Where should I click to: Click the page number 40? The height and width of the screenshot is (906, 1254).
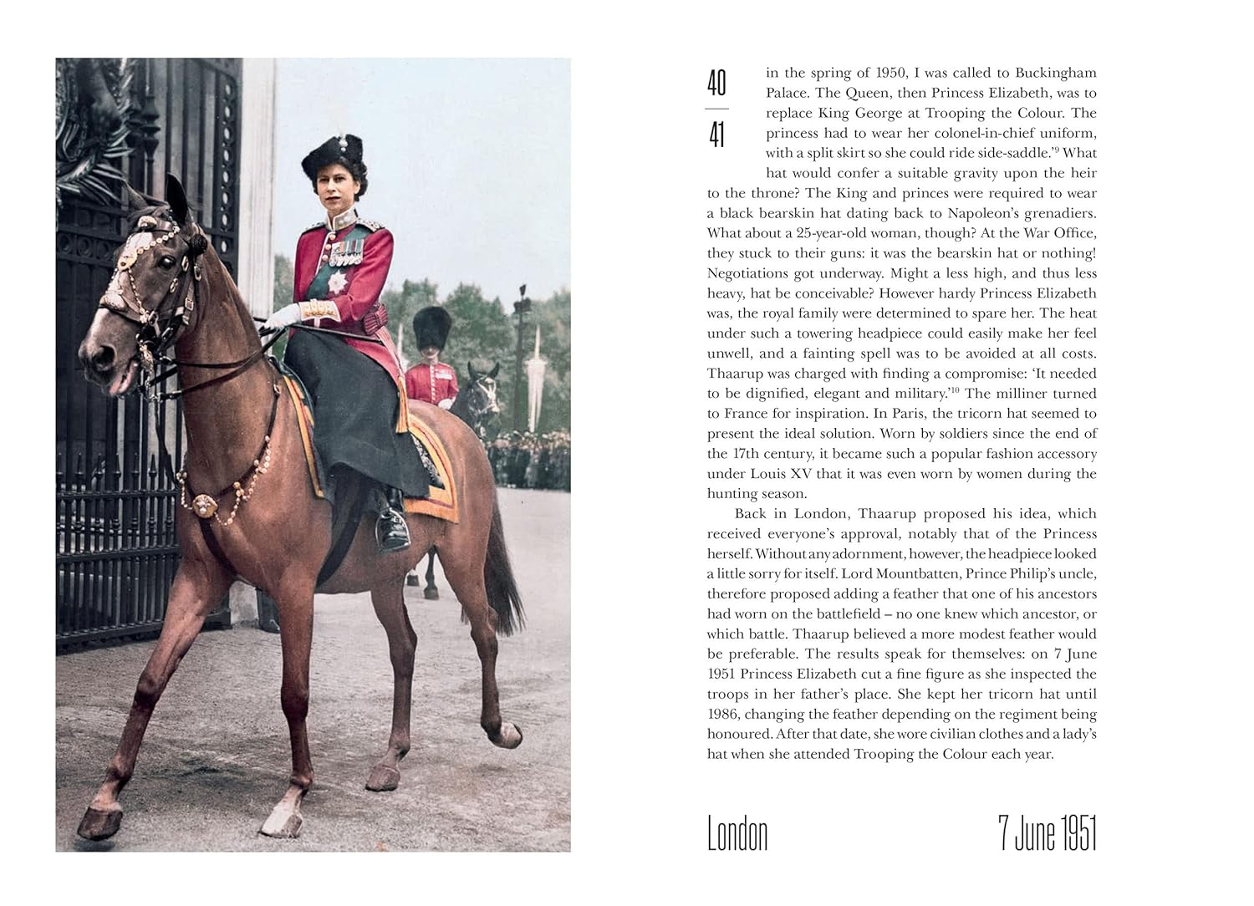(x=716, y=84)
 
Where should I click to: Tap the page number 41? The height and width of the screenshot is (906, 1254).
(x=716, y=135)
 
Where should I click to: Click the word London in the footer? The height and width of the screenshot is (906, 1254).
(x=737, y=833)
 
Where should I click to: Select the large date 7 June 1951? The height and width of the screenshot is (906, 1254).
(x=1047, y=833)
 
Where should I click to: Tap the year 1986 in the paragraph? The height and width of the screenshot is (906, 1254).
(x=724, y=714)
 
